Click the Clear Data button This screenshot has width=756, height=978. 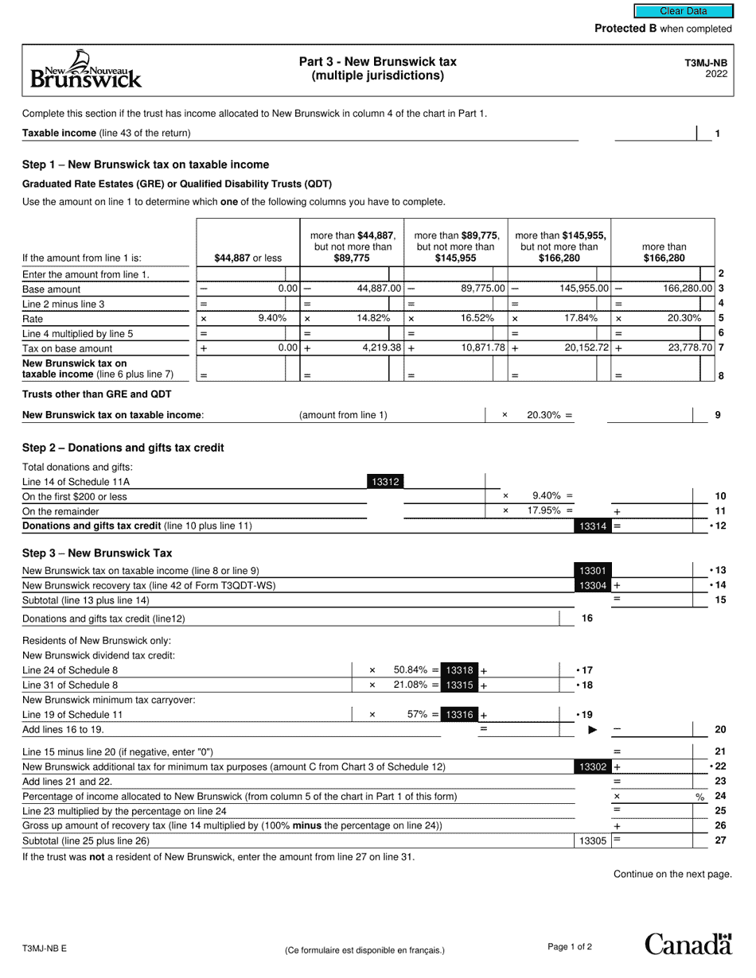683,11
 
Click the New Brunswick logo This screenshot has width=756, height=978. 86,69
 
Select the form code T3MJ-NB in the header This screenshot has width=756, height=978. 705,62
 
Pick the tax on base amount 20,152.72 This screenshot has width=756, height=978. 582,347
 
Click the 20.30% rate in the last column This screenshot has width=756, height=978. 684,318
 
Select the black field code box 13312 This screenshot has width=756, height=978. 385,481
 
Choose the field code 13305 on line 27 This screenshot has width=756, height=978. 592,840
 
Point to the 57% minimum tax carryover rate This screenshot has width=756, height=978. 418,714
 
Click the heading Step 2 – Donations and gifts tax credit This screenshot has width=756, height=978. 123,448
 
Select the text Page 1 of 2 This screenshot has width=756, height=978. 570,946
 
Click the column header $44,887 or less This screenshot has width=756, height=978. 247,258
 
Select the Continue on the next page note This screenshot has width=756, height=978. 672,874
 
